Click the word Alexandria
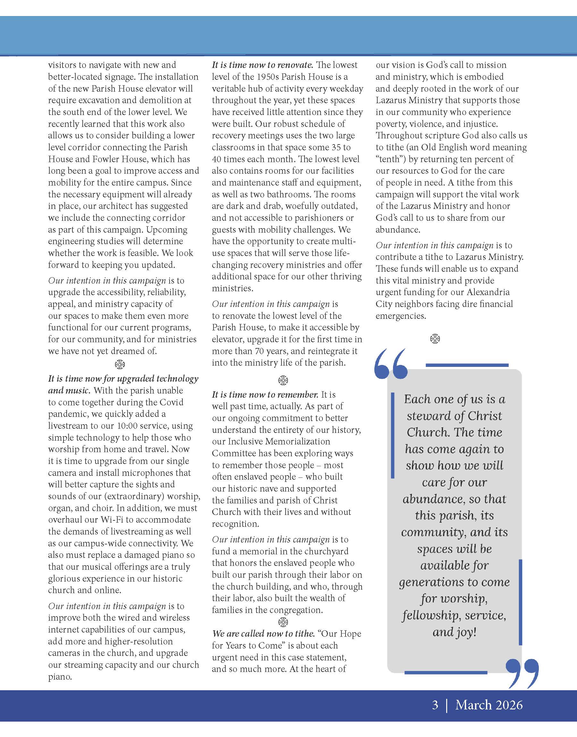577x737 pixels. pyautogui.click(x=488, y=292)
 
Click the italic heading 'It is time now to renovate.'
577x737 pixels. pyautogui.click(x=263, y=65)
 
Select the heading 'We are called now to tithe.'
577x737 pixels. pyautogui.click(x=263, y=634)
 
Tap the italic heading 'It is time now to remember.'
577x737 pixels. pyautogui.click(x=265, y=394)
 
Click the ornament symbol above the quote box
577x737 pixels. pyautogui.click(x=435, y=339)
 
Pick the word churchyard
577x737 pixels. pyautogui.click(x=326, y=551)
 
